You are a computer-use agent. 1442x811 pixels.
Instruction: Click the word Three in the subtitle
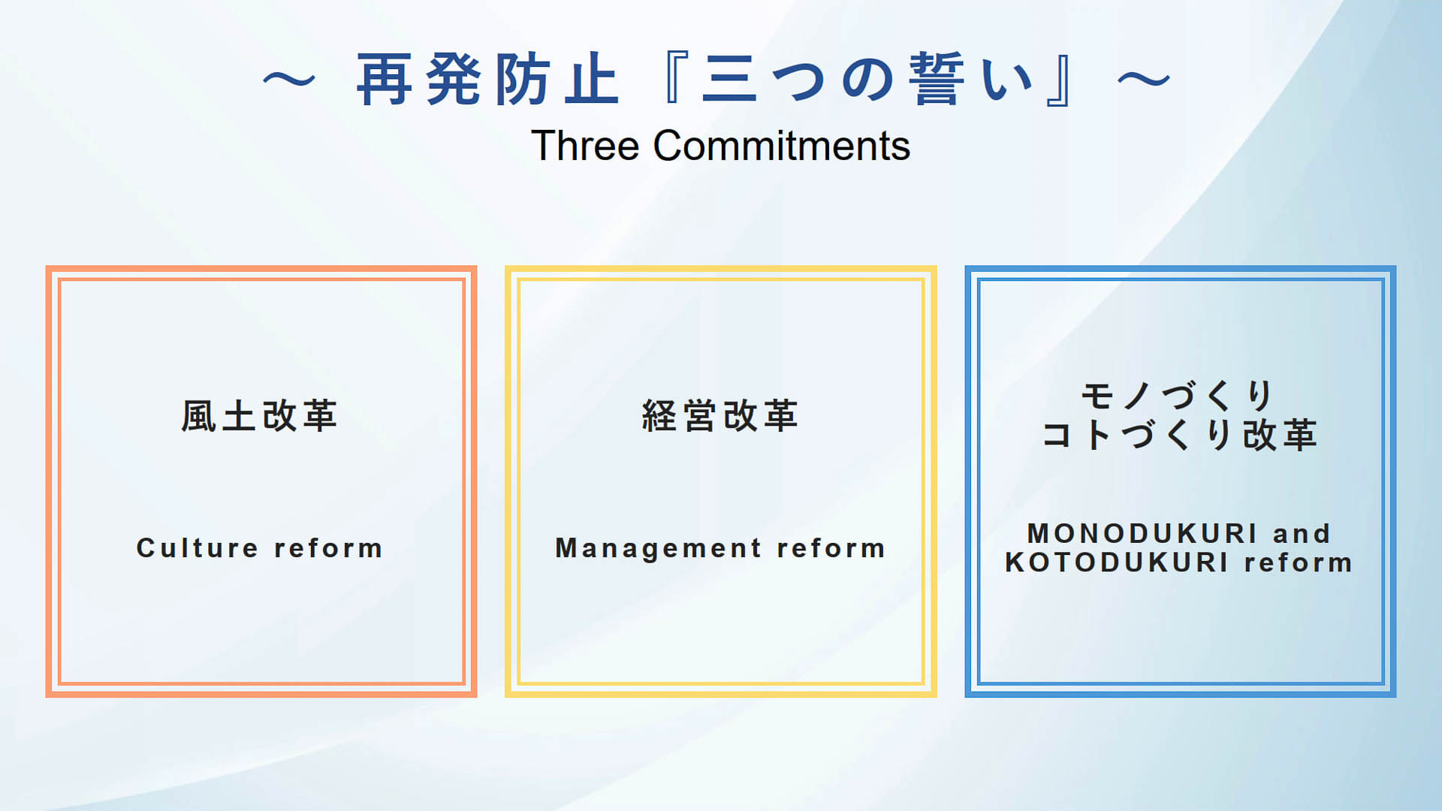[x=585, y=146]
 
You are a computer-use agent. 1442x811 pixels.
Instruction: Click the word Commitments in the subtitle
[x=782, y=146]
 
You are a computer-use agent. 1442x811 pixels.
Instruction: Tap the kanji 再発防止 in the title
[x=488, y=80]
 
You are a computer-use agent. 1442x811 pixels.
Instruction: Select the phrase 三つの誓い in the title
[x=867, y=80]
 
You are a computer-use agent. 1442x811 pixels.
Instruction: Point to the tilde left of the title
[x=289, y=80]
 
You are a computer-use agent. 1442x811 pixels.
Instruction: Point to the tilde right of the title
[x=1144, y=80]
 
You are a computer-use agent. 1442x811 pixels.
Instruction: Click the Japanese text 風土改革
[x=260, y=416]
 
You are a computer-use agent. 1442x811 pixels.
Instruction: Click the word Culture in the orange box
[x=198, y=548]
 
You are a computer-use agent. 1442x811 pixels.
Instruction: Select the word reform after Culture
[x=328, y=548]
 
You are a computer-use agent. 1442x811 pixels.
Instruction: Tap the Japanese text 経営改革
[x=720, y=416]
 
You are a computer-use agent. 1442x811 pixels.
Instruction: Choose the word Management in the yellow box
[x=659, y=549]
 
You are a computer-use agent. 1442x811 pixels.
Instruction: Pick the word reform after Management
[x=831, y=548]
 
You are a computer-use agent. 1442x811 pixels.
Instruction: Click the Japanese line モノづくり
[x=1177, y=396]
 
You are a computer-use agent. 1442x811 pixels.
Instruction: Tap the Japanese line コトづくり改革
[x=1180, y=435]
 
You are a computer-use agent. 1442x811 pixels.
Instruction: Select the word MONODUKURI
[x=1142, y=534]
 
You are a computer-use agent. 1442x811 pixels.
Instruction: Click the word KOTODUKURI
[x=1117, y=562]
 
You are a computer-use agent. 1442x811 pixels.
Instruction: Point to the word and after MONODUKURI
[x=1302, y=534]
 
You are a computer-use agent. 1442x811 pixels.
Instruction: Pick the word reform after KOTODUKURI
[x=1299, y=562]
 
